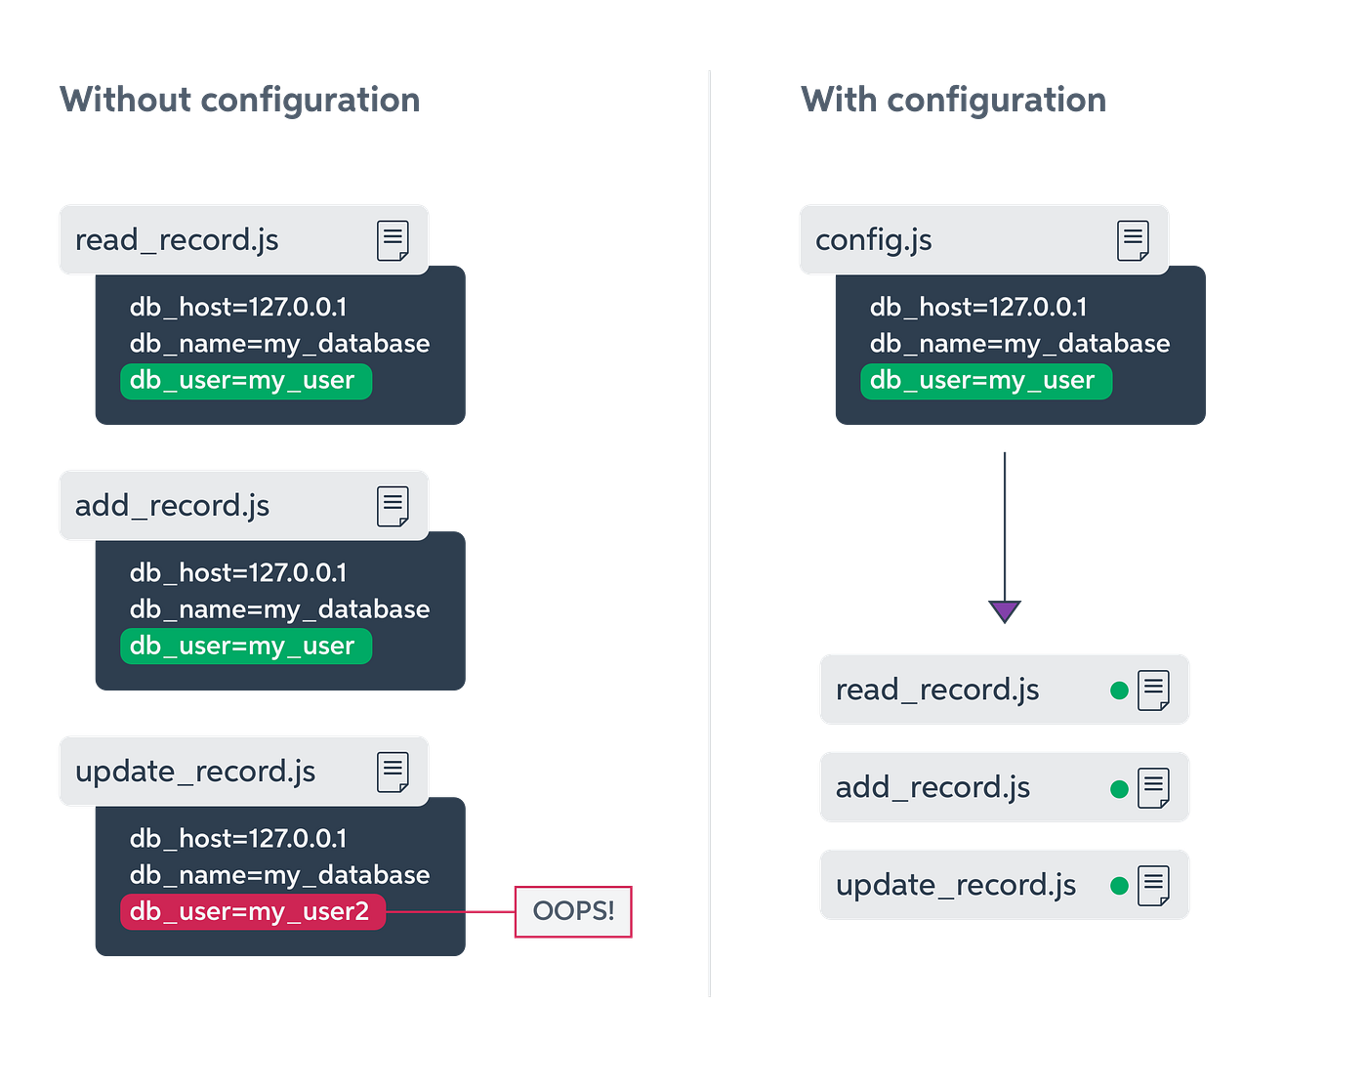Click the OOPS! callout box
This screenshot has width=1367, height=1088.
[x=573, y=911]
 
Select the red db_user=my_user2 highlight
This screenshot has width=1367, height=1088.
[x=252, y=911]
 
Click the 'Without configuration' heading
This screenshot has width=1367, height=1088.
[x=239, y=100]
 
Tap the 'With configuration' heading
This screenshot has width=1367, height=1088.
[x=953, y=100]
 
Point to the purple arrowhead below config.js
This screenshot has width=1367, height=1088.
[x=1005, y=611]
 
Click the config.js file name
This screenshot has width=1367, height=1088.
[x=873, y=239]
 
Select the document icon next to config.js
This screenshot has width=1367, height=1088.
[x=1133, y=240]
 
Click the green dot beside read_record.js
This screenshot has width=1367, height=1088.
[x=1119, y=690]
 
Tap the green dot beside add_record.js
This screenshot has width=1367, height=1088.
[x=1119, y=788]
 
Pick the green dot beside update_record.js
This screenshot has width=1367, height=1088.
[x=1119, y=886]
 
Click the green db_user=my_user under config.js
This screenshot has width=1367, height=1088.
[x=985, y=380]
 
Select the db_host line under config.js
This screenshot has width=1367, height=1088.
[x=977, y=307]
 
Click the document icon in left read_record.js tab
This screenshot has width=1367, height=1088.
[x=393, y=240]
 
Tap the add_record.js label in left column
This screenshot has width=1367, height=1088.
[x=172, y=505]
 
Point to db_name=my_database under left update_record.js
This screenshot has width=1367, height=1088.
[x=279, y=874]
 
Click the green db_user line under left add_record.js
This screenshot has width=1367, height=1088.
[x=245, y=646]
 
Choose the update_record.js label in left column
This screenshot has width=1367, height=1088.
[x=195, y=771]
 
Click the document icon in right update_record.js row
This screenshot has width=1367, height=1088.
[x=1153, y=886]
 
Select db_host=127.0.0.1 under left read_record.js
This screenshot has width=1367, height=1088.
[x=237, y=307]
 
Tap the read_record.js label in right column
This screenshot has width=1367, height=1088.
[x=936, y=690]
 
